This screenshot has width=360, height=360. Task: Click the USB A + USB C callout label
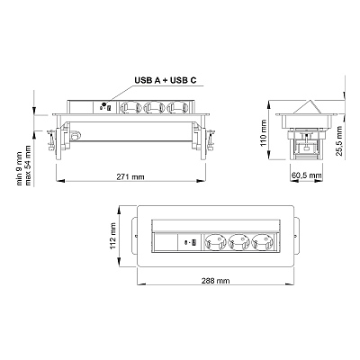(x=166, y=80)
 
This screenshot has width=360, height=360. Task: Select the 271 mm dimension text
(x=130, y=177)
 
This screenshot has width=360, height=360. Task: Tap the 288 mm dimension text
(x=215, y=281)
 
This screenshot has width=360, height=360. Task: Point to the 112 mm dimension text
(x=112, y=236)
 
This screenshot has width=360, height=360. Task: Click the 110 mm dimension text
(x=264, y=133)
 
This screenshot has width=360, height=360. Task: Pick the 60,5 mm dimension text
(x=307, y=175)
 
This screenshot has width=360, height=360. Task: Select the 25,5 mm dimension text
(x=339, y=140)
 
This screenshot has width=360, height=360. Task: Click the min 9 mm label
(x=19, y=168)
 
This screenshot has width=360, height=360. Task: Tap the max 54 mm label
(x=28, y=166)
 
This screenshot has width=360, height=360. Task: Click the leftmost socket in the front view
(x=130, y=108)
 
